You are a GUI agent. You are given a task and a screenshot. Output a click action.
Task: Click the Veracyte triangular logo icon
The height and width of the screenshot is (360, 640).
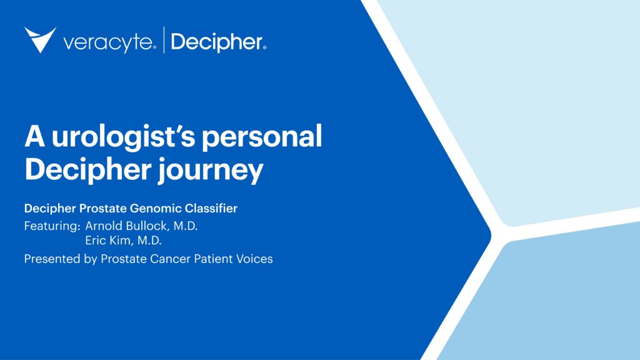click(x=40, y=40)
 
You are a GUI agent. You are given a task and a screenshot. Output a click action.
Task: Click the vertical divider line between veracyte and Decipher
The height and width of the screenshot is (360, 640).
click(x=164, y=40)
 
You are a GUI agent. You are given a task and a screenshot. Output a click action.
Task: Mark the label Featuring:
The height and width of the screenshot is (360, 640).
click(x=52, y=225)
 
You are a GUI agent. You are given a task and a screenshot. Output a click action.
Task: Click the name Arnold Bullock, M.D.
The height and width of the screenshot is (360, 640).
click(x=141, y=225)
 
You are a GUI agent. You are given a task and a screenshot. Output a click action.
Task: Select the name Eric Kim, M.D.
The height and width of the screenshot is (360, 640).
click(x=122, y=241)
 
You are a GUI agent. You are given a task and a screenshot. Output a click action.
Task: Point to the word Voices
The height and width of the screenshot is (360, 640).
click(x=254, y=259)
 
